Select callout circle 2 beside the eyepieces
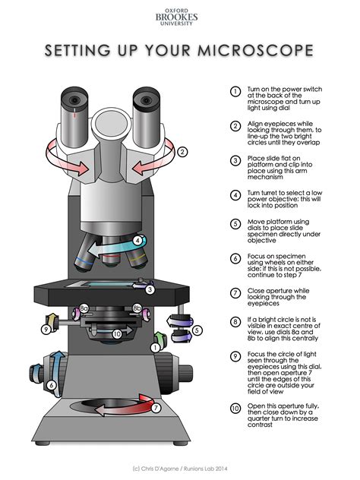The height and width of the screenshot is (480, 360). pos(182,151)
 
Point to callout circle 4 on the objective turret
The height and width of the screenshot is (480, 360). pos(137,241)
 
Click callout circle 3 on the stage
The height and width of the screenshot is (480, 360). pos(150,289)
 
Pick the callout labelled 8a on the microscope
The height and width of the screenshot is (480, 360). pos(84,309)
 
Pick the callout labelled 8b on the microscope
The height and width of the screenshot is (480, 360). pos(137,309)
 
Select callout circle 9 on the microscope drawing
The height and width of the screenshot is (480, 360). pos(46,329)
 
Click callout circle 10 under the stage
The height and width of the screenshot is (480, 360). pos(116,333)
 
